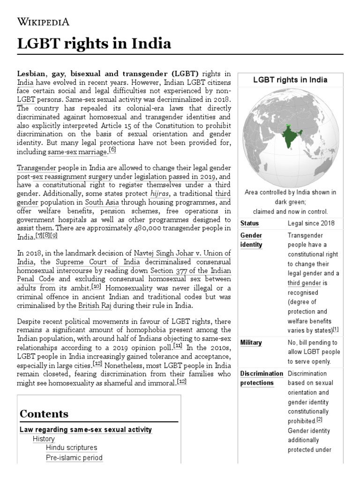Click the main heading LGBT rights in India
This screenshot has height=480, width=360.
tap(94, 44)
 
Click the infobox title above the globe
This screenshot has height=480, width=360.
tap(290, 80)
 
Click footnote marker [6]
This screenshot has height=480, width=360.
tap(112, 150)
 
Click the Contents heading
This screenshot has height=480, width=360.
tap(44, 414)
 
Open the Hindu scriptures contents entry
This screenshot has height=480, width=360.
tap(72, 448)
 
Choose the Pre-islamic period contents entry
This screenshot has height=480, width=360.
tap(74, 457)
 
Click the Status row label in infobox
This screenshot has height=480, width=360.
tap(249, 223)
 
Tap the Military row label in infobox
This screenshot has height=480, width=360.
tap(251, 343)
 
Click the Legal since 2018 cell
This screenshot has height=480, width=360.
tap(311, 223)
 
